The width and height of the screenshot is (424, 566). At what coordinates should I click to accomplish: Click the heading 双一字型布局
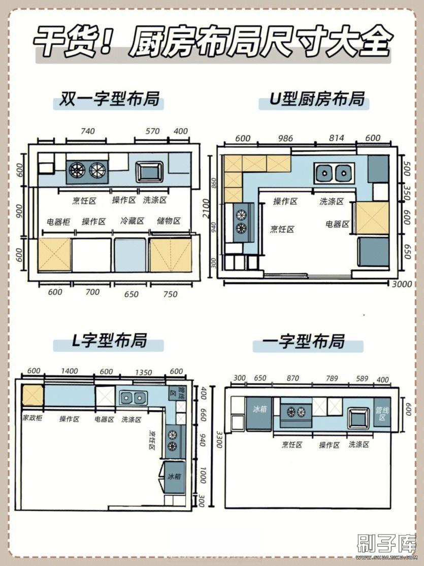click(x=109, y=99)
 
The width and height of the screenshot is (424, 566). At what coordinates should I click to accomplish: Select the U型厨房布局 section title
click(x=314, y=99)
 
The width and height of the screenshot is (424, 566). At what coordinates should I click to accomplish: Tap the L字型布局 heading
click(x=109, y=340)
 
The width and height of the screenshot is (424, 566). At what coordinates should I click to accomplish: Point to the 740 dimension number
click(x=87, y=131)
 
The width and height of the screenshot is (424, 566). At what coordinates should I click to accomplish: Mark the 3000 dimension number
click(x=402, y=285)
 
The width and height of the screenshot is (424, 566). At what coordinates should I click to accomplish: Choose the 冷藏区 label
click(x=132, y=221)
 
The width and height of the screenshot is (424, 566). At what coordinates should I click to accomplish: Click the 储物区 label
click(x=169, y=221)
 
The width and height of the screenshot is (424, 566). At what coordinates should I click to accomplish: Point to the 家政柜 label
click(x=32, y=419)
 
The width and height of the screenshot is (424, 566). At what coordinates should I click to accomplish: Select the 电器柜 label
click(x=58, y=222)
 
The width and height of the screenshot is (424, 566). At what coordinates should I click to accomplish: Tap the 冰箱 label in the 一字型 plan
click(x=259, y=408)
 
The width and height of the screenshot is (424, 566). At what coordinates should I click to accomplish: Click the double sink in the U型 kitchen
click(x=334, y=173)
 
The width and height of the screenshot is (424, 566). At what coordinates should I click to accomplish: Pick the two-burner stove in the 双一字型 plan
click(x=86, y=170)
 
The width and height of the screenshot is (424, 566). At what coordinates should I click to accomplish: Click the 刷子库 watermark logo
click(x=386, y=545)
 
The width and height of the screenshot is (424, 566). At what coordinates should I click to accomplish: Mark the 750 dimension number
click(x=171, y=293)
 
